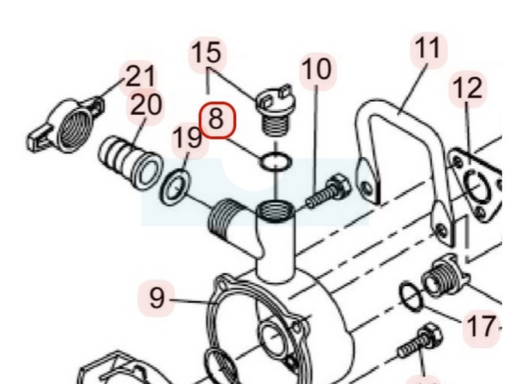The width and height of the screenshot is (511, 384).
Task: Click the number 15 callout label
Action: pos(207,54)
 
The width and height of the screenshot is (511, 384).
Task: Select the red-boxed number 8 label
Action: pos(217,120)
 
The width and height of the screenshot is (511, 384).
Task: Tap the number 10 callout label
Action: pos(317,70)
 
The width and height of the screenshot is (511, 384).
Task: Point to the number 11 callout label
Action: pos(428,50)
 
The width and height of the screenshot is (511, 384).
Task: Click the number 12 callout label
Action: pos(468,89)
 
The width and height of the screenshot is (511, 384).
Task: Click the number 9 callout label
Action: pos(157,298)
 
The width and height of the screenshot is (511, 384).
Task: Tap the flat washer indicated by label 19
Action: pos(175,188)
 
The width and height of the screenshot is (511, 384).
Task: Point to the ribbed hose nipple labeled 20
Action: pos(130,163)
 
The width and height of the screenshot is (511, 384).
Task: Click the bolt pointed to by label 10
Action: pos(328,191)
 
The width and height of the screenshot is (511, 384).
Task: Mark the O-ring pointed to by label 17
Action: pos(412,296)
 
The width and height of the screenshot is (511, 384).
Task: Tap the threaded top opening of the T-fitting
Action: pos(276,212)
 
